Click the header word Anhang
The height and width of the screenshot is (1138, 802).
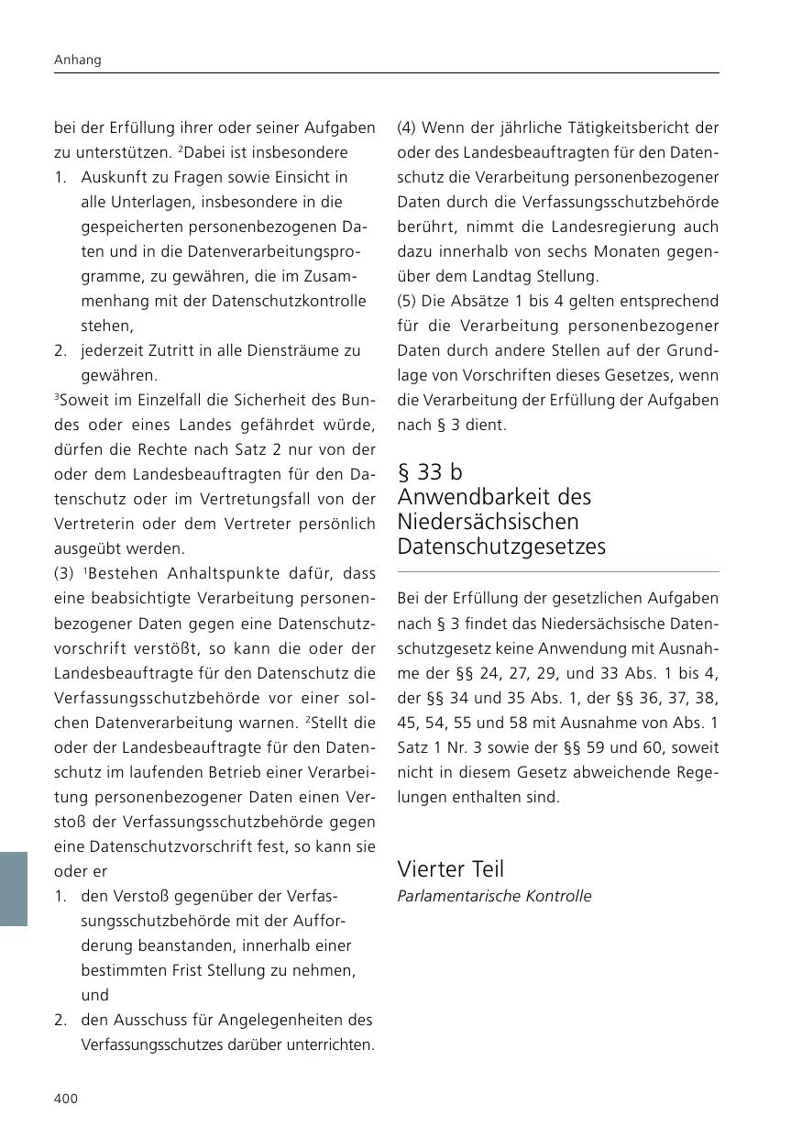(78, 60)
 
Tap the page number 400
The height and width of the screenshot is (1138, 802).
(66, 1099)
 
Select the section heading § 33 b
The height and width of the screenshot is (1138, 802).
(430, 472)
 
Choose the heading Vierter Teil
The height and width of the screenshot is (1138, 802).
(450, 868)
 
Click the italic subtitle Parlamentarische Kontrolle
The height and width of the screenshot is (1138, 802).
(494, 896)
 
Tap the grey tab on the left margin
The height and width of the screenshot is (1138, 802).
(14, 889)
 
